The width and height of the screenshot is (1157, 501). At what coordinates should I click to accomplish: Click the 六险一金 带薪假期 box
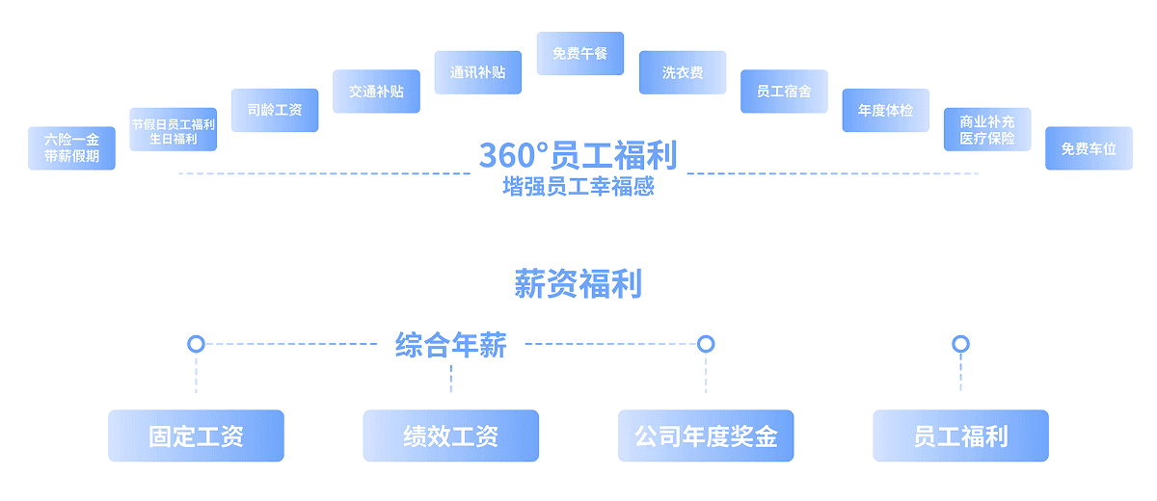click(x=71, y=148)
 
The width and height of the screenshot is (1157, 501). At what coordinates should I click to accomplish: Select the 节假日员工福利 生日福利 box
click(x=174, y=130)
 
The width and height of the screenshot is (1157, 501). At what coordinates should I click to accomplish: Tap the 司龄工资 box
click(x=275, y=111)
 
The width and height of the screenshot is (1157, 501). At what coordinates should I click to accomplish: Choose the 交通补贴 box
click(x=376, y=92)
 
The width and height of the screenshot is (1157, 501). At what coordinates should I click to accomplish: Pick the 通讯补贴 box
click(x=477, y=72)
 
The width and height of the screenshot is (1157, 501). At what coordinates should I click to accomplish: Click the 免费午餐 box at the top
click(x=580, y=54)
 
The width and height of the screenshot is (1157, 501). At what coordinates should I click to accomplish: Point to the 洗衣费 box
click(x=683, y=73)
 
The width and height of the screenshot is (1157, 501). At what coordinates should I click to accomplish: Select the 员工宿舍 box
click(x=784, y=92)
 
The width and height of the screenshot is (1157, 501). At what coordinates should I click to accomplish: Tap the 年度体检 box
click(x=885, y=111)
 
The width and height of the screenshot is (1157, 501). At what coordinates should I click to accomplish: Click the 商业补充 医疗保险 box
click(x=987, y=130)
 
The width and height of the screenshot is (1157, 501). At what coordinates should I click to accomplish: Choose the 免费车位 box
click(x=1089, y=148)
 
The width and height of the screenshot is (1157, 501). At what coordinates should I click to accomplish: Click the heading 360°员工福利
click(x=578, y=155)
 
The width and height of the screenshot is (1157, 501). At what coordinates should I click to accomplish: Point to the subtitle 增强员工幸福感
click(x=578, y=187)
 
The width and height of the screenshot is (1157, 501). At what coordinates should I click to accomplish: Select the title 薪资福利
click(x=578, y=284)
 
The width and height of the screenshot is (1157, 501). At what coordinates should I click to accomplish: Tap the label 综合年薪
click(x=450, y=345)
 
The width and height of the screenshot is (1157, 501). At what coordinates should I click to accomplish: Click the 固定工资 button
click(x=196, y=436)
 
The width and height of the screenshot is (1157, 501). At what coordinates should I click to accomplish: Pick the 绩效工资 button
click(x=450, y=436)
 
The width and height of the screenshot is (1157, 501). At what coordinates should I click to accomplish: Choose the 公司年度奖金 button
click(x=706, y=436)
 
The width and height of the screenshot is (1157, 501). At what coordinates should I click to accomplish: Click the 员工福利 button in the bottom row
click(x=960, y=436)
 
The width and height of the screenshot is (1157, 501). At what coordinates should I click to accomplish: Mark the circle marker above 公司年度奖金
click(x=706, y=344)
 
